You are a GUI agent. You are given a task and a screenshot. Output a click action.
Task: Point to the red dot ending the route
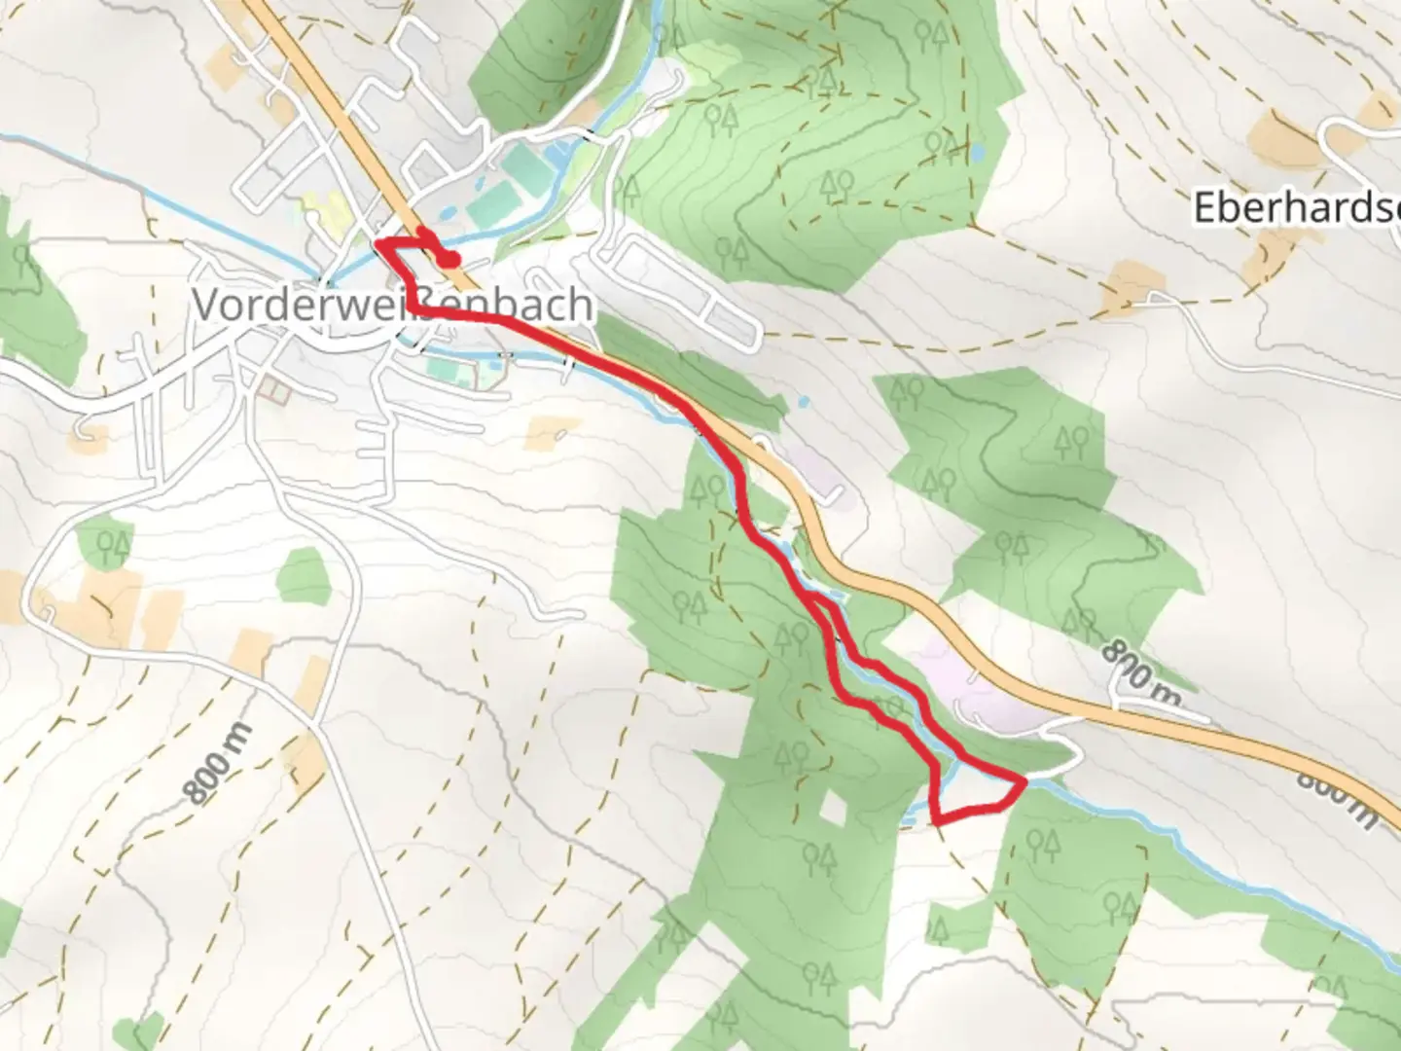[x=449, y=259]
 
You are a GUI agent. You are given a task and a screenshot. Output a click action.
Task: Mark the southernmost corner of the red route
[x=937, y=823]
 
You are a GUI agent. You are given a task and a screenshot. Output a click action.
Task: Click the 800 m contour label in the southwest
[x=219, y=764]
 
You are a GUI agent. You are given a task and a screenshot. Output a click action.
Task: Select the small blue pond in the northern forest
[x=976, y=154]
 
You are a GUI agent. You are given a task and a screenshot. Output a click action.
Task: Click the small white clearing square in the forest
[x=832, y=806]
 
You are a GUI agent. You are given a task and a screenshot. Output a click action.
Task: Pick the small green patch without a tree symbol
[x=304, y=575]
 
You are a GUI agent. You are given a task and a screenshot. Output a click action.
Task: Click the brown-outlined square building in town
[x=275, y=391]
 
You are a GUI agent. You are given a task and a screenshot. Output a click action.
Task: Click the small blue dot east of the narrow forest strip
[x=803, y=401]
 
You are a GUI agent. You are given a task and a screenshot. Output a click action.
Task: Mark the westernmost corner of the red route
[x=377, y=240]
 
